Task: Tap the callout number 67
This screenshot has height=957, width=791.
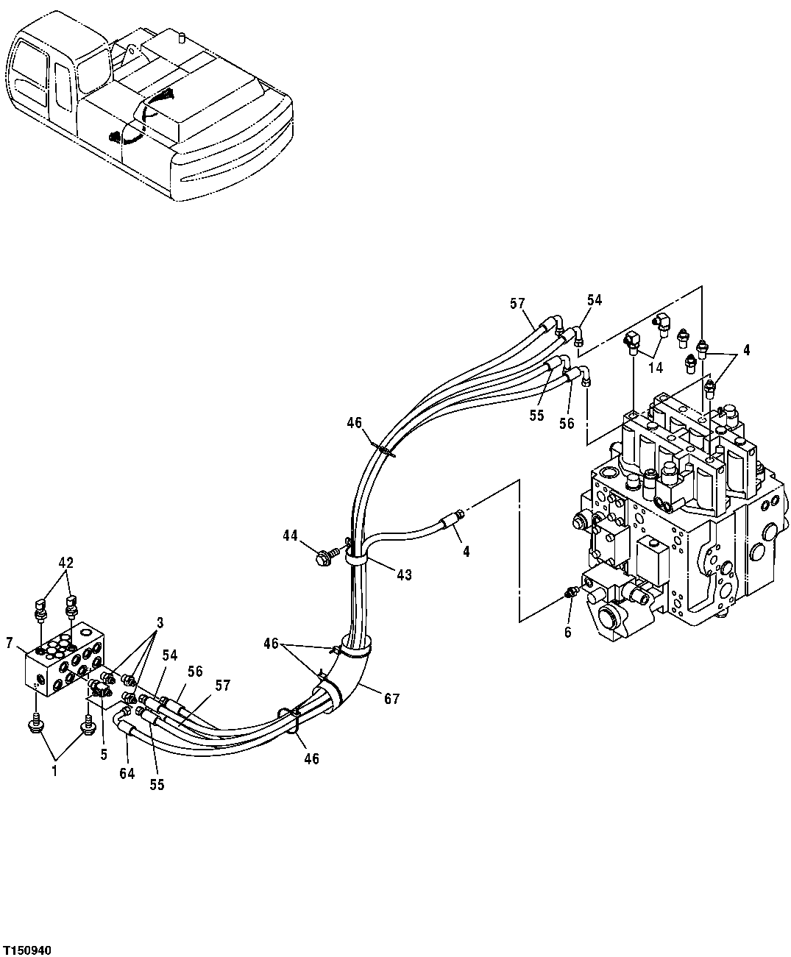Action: (x=391, y=698)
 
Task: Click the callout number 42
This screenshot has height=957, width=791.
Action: (x=66, y=563)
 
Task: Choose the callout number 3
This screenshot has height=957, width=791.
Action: (x=160, y=622)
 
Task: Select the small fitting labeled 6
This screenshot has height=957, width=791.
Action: (x=570, y=594)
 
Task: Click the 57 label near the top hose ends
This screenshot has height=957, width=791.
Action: (x=517, y=302)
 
